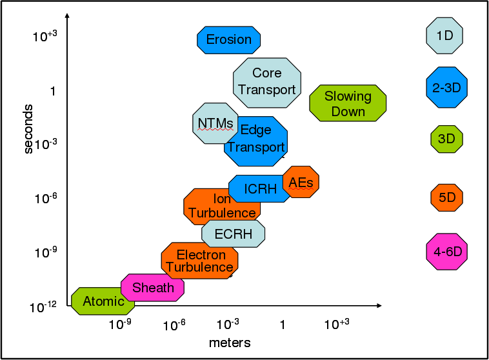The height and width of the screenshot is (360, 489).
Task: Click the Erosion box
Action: pos(228,39)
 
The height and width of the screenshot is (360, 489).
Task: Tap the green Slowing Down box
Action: pos(348,103)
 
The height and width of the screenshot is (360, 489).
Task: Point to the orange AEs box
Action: pos(301,183)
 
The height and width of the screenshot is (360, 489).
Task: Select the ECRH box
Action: pos(233,234)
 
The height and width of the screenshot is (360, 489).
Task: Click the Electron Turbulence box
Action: pos(200,261)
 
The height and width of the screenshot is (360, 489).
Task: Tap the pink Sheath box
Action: pos(153,287)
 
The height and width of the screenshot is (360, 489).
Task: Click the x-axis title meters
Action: pos(230,342)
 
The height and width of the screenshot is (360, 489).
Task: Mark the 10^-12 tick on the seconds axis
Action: pos(44,307)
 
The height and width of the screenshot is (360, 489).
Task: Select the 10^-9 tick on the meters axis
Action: pos(119,324)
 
